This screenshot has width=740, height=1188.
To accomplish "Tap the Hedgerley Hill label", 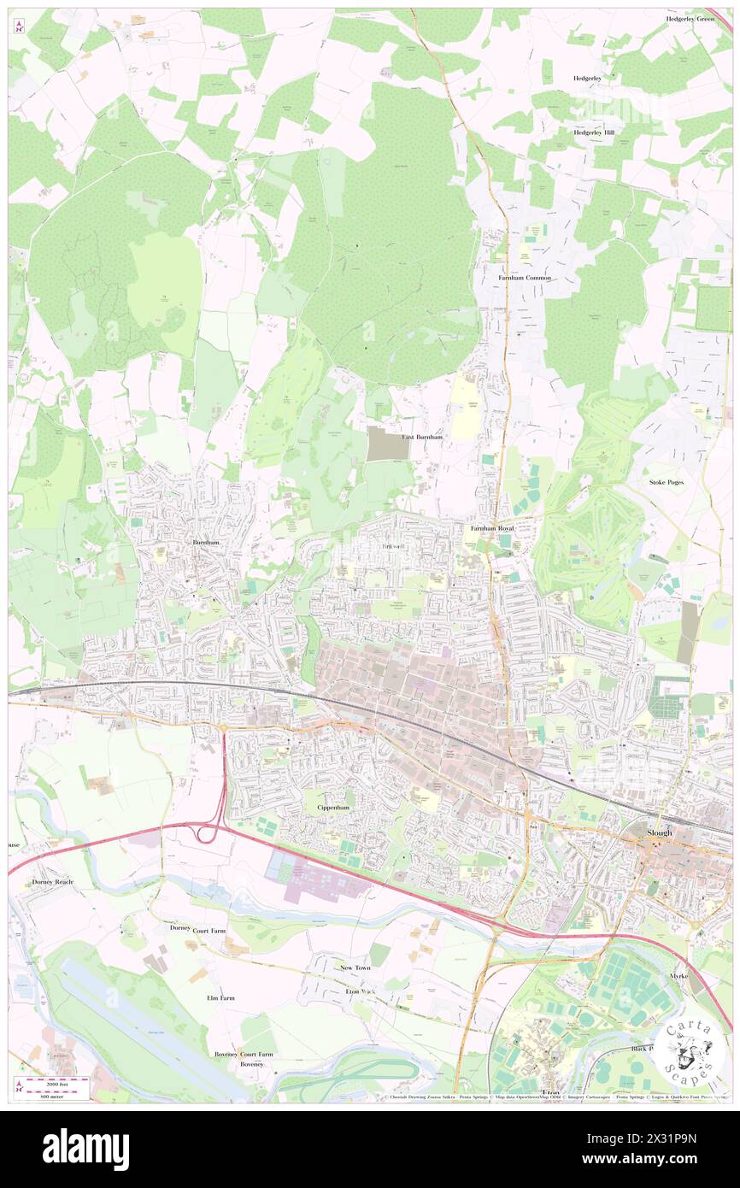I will [x=593, y=132].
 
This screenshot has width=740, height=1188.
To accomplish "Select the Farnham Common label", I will [x=525, y=278].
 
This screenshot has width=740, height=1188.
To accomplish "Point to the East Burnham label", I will [x=422, y=437].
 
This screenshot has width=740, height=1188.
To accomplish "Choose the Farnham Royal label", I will [x=492, y=529].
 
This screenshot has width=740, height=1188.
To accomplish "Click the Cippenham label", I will [x=333, y=807].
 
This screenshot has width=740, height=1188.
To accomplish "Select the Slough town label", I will [x=659, y=832].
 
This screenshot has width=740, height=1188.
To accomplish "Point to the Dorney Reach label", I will [x=53, y=881].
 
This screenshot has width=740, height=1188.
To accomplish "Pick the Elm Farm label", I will [x=220, y=997].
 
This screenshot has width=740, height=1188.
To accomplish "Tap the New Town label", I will [x=355, y=967].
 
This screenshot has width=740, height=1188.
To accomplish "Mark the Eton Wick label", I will [x=360, y=991].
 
